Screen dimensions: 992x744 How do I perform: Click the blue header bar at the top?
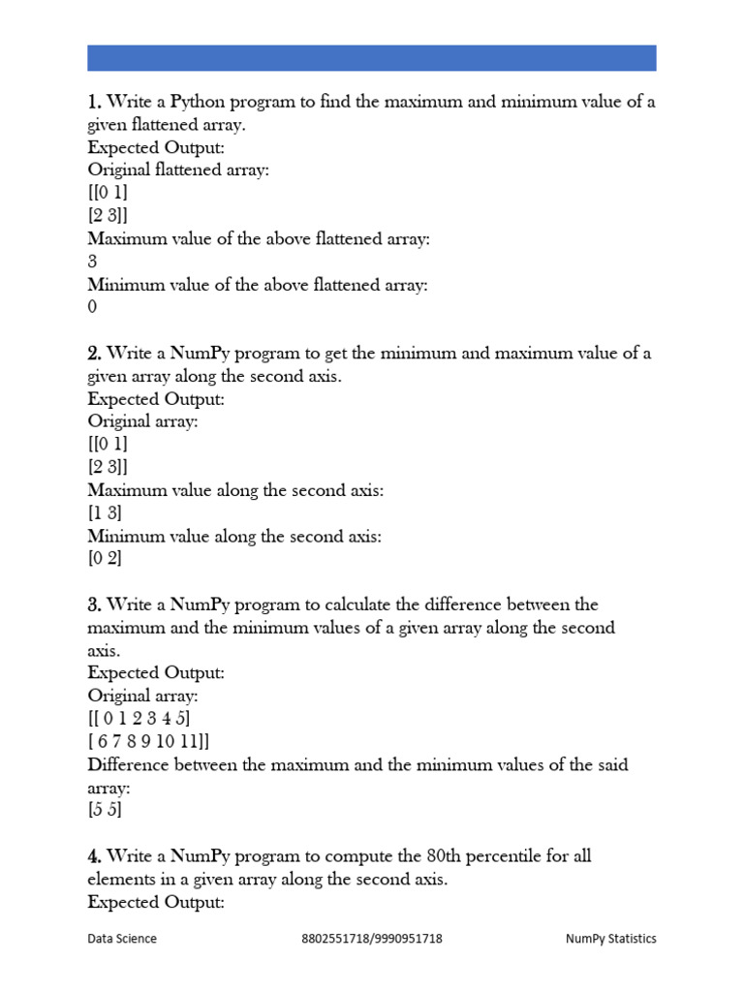pyautogui.click(x=372, y=57)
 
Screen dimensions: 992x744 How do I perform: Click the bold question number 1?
pyautogui.click(x=94, y=102)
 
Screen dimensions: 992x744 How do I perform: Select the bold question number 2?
pyautogui.click(x=94, y=354)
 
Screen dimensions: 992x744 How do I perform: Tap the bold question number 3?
pyautogui.click(x=94, y=605)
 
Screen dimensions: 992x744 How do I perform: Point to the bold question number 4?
pyautogui.click(x=94, y=856)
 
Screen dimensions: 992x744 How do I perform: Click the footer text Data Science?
pyautogui.click(x=122, y=939)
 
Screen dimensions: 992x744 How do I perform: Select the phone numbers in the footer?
pyautogui.click(x=372, y=939)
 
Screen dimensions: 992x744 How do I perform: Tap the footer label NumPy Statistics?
pyautogui.click(x=611, y=939)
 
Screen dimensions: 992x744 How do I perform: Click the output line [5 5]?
pyautogui.click(x=106, y=811)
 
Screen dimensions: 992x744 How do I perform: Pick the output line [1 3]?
pyautogui.click(x=106, y=513)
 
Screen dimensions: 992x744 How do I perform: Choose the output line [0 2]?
pyautogui.click(x=106, y=559)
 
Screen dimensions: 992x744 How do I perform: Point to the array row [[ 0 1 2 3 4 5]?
pyautogui.click(x=139, y=719)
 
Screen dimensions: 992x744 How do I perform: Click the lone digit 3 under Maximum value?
pyautogui.click(x=92, y=262)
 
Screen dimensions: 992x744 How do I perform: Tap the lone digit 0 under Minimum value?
pyautogui.click(x=92, y=308)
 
